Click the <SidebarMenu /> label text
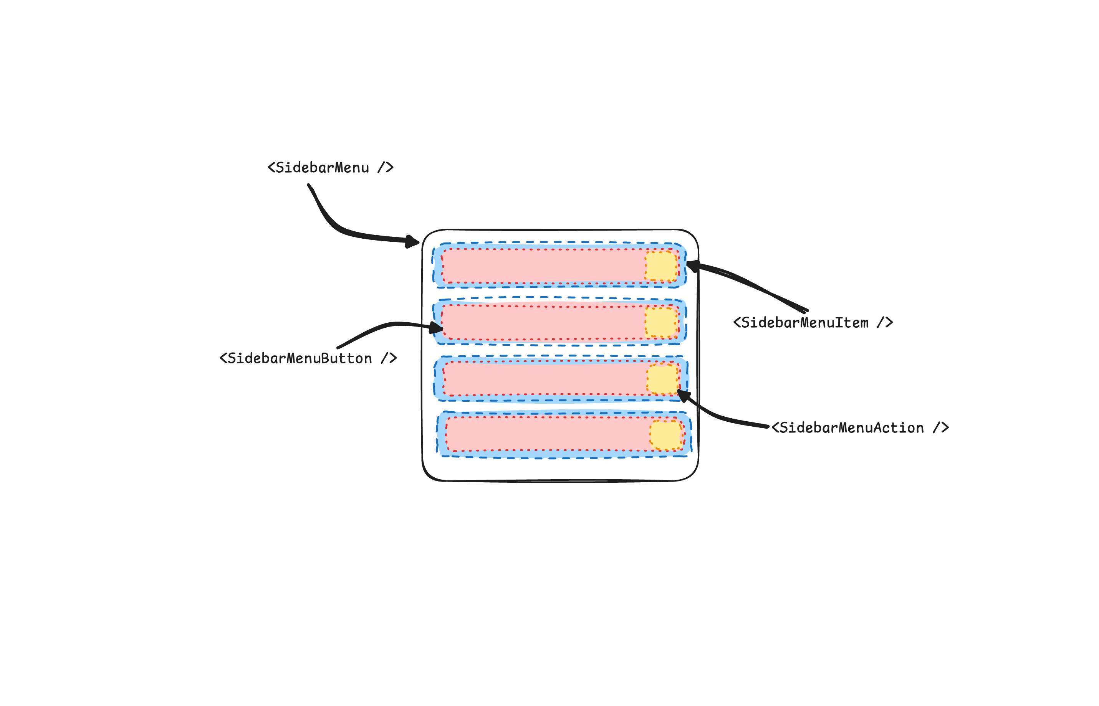[330, 168]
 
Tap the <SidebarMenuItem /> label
[812, 323]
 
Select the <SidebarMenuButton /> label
[308, 358]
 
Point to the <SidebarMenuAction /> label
[859, 428]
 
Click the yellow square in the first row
[661, 266]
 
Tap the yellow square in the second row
[661, 322]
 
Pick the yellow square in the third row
[662, 379]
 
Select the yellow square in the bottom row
[665, 435]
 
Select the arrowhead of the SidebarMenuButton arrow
[436, 328]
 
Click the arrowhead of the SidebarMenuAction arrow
[684, 395]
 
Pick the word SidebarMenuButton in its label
[300, 358]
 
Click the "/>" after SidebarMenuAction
[941, 428]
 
